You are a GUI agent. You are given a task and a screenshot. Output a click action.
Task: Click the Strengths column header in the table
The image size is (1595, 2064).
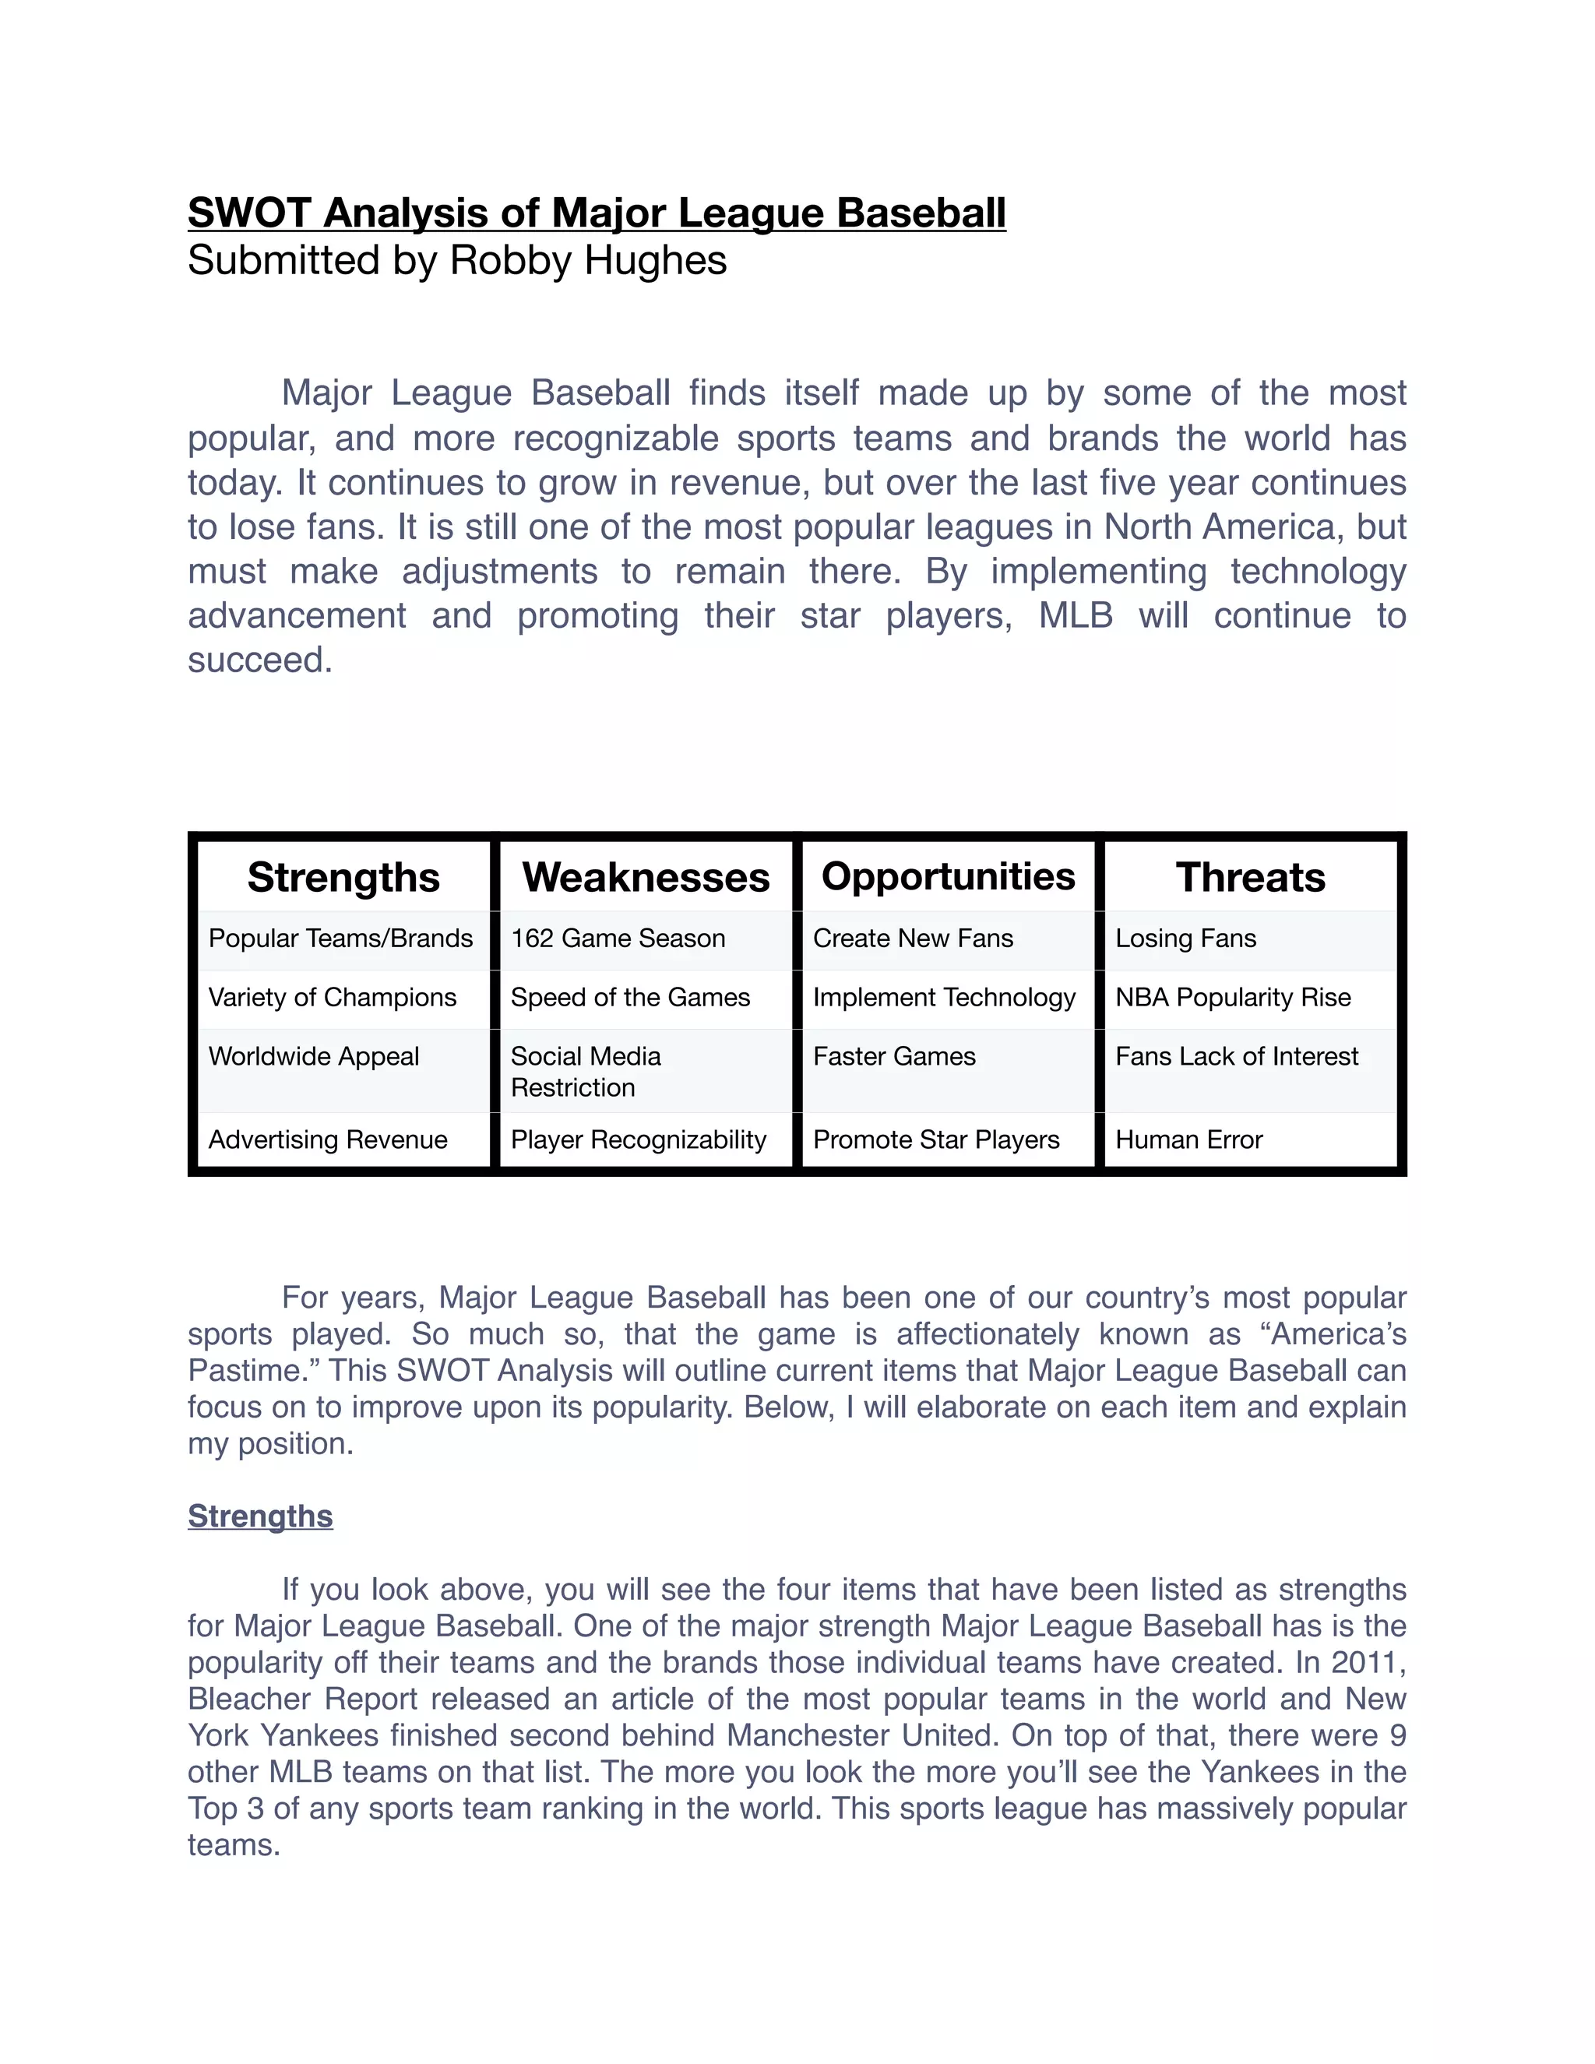pos(344,877)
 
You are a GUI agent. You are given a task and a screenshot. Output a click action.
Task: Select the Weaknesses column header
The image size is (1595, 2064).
pos(646,877)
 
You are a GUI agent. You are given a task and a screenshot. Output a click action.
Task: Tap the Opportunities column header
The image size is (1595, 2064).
pos(948,876)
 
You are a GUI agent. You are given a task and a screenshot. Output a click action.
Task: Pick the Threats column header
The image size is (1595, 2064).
pos(1250,877)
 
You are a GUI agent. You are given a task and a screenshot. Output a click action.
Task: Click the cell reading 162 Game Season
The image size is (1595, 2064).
pos(618,939)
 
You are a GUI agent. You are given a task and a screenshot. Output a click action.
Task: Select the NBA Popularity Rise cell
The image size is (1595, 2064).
pos(1233,997)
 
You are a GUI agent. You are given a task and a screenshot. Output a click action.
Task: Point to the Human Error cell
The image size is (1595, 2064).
pos(1188,1139)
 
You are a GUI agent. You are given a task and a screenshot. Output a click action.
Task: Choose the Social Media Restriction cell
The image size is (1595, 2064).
pos(586,1071)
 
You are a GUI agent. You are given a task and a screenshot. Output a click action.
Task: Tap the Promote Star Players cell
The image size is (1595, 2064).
pos(936,1139)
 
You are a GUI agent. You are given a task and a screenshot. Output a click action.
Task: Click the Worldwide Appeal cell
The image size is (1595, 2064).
pos(314,1057)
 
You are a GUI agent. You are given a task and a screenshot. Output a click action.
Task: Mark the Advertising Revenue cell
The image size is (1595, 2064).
pos(328,1139)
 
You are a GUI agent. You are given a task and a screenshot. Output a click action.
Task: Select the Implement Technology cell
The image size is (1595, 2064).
pos(944,997)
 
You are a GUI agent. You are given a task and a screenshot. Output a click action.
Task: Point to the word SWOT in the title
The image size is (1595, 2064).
pos(249,213)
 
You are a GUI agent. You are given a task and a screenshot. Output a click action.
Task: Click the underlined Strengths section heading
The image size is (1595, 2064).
pos(260,1516)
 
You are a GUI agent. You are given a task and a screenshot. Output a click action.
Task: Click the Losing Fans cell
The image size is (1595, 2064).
pos(1186,939)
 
